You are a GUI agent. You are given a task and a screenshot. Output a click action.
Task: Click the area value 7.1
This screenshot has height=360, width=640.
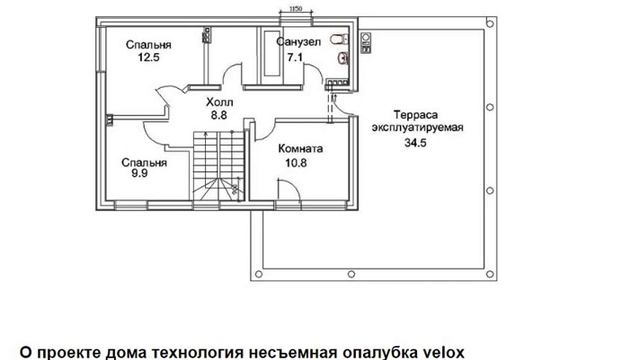(x=295, y=58)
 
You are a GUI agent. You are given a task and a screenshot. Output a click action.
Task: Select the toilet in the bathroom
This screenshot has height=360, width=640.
(x=339, y=40)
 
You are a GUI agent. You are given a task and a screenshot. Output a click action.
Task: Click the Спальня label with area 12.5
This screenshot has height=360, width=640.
(x=148, y=45)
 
